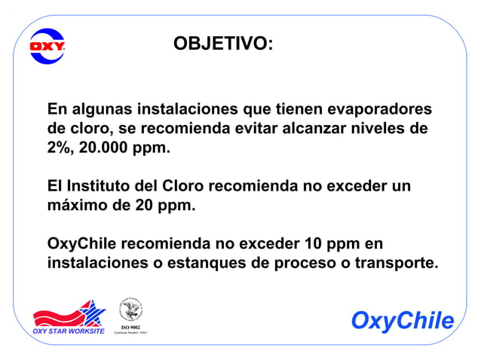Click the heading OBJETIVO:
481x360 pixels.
tap(223, 44)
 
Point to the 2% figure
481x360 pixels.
tap(59, 148)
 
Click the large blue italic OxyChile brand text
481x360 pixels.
tap(403, 321)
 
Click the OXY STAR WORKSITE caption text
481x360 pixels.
tap(68, 331)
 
